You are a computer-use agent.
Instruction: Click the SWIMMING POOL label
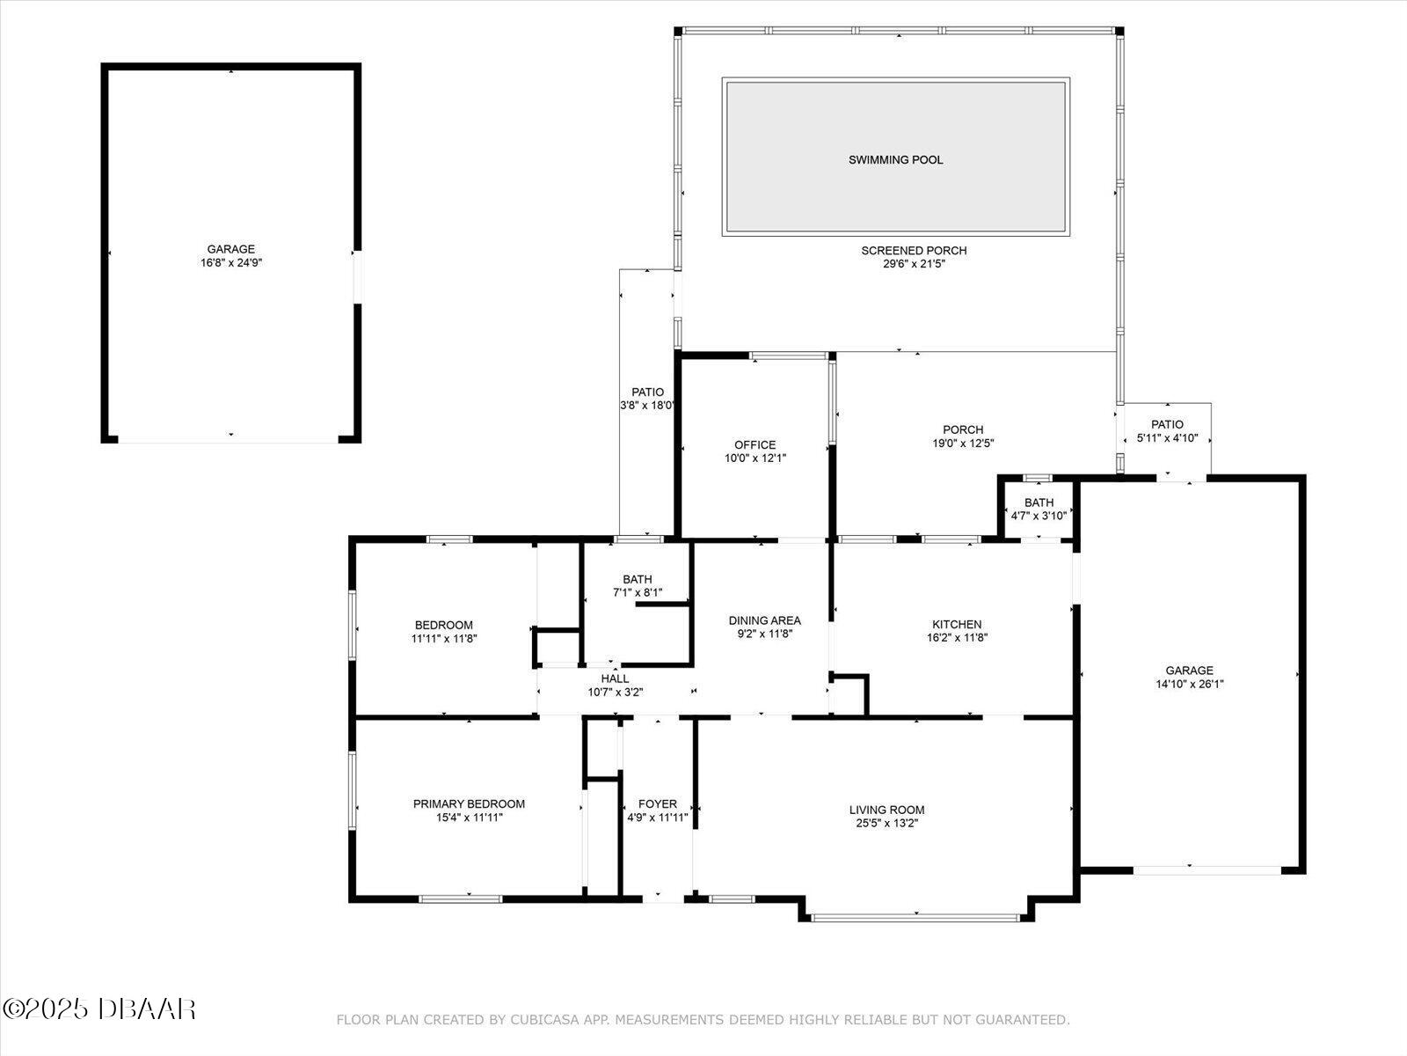click(x=895, y=160)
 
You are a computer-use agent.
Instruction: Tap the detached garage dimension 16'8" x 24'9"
click(x=230, y=263)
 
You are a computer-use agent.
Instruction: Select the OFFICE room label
click(x=755, y=445)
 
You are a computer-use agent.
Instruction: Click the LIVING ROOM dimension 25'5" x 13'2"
click(x=886, y=824)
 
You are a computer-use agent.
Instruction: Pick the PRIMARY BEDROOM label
click(x=469, y=804)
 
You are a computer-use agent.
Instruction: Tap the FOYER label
click(x=657, y=804)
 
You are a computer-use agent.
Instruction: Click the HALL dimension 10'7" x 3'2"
click(x=615, y=693)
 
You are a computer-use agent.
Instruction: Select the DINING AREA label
click(x=764, y=620)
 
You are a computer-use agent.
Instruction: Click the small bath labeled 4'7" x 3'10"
click(x=1039, y=510)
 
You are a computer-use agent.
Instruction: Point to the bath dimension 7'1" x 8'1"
click(x=637, y=593)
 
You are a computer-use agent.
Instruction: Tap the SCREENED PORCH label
click(x=914, y=251)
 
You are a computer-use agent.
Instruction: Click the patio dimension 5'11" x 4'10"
click(x=1167, y=438)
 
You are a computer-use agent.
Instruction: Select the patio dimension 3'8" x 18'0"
click(x=647, y=406)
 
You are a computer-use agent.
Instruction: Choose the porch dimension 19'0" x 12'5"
click(x=963, y=444)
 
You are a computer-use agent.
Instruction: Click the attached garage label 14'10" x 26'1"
click(x=1189, y=684)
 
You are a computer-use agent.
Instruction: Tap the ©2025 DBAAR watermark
click(x=98, y=1008)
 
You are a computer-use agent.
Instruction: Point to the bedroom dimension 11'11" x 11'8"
click(x=443, y=639)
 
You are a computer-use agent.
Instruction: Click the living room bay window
click(x=915, y=918)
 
